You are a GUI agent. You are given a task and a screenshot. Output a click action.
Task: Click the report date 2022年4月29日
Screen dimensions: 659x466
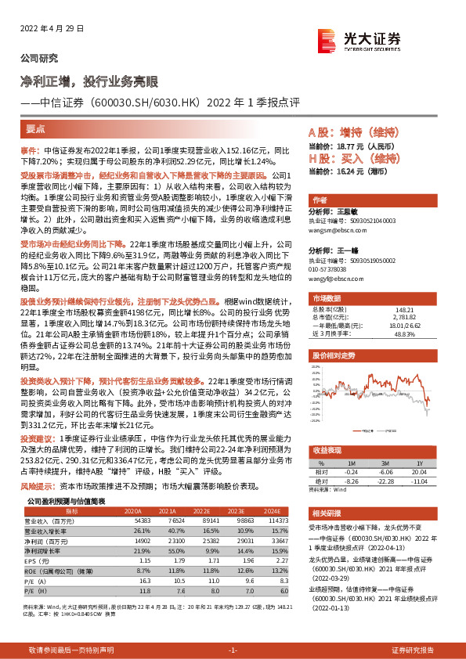(46, 29)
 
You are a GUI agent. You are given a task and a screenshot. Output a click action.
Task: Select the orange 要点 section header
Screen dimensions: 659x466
(36, 131)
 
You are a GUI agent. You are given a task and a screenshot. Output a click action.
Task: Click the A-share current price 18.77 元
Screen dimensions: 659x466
(359, 146)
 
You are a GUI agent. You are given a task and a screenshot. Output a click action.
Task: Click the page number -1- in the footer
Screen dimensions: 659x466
(233, 650)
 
